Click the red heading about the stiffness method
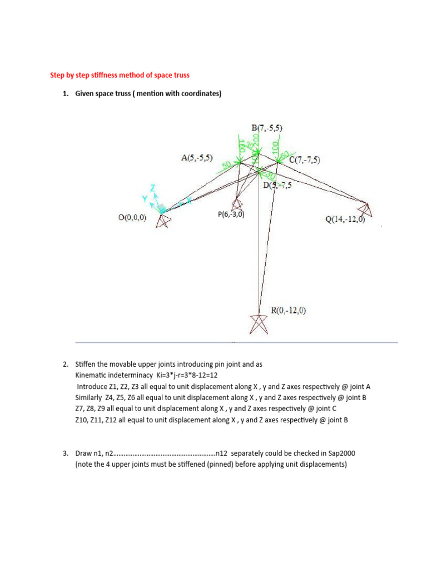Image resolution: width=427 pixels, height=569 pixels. pos(121,75)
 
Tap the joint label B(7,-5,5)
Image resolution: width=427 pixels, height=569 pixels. pos(267,128)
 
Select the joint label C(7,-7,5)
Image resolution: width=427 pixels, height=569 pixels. pos(304,160)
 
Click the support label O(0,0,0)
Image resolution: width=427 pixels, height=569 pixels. pos(132,218)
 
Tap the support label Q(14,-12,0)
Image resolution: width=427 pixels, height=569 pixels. pos(345,219)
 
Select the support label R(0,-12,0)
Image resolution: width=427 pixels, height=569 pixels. pos(288,310)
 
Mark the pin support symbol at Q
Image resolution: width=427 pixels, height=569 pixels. pos(366,210)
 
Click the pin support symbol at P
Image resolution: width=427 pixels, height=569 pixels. pos(236,203)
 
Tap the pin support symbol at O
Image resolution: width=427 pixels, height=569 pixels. pos(163,221)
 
